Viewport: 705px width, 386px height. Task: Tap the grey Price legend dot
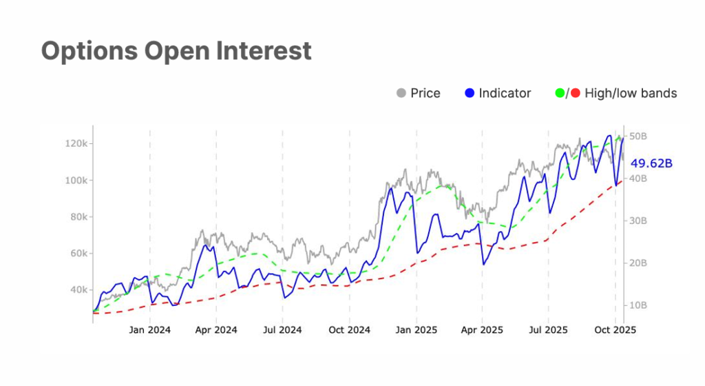401,93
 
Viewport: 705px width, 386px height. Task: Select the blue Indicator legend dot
470,93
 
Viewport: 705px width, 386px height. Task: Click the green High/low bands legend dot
558,93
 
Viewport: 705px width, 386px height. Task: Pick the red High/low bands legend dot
575,93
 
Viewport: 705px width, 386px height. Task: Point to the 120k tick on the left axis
74,144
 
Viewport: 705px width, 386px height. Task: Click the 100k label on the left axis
74,181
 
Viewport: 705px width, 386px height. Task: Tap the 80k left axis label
76,217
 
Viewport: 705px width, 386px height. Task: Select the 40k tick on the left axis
76,290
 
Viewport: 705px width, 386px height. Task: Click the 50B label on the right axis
638,136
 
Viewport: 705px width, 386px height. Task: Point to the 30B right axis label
638,221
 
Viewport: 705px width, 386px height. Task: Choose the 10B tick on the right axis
638,305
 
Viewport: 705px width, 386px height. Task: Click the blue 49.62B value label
651,163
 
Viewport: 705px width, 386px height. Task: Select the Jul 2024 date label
282,330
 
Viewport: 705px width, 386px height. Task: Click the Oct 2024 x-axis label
349,330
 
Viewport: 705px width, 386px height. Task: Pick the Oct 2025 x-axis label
615,330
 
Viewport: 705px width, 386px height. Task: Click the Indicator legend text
505,93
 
